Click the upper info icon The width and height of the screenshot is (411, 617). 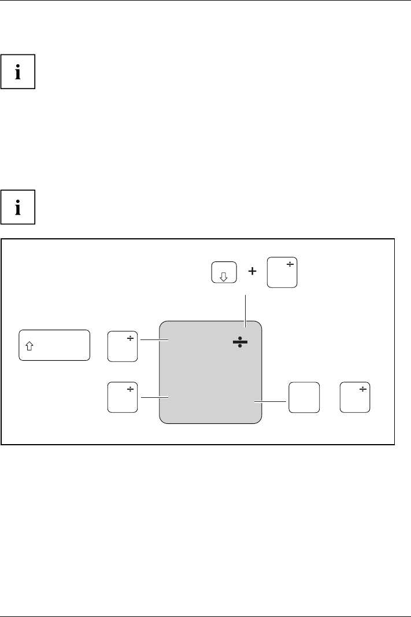(x=18, y=72)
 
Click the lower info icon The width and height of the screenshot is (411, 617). (x=18, y=206)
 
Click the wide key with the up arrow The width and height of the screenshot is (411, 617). (x=55, y=346)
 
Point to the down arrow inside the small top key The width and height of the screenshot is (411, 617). (x=224, y=276)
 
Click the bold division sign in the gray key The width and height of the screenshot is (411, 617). (x=240, y=342)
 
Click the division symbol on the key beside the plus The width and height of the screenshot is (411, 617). (x=290, y=265)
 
